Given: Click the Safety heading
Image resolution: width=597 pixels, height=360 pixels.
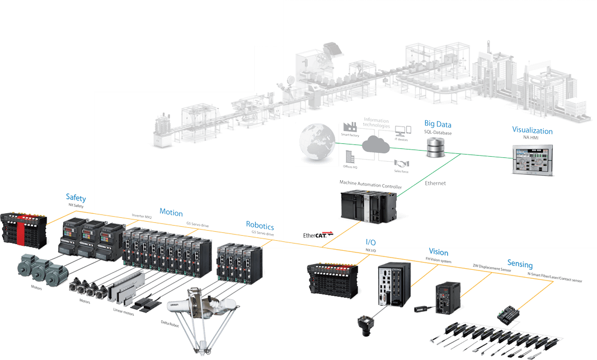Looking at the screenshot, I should click(76, 197).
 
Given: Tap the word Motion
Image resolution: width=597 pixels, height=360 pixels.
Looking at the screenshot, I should click(171, 212).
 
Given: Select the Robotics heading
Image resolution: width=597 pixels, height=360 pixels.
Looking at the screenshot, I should click(260, 225).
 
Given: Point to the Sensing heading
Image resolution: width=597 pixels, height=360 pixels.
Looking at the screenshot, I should click(520, 264).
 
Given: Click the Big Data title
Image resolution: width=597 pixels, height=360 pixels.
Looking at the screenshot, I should click(438, 124).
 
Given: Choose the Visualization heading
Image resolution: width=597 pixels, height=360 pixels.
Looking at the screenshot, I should click(532, 130).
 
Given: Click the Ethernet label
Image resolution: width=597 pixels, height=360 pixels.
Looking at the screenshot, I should click(435, 183).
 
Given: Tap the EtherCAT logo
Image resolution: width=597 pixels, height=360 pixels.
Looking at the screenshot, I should click(316, 235).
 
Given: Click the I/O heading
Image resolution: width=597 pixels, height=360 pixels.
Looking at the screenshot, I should click(370, 242).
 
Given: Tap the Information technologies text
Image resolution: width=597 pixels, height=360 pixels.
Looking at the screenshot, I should click(375, 123).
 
